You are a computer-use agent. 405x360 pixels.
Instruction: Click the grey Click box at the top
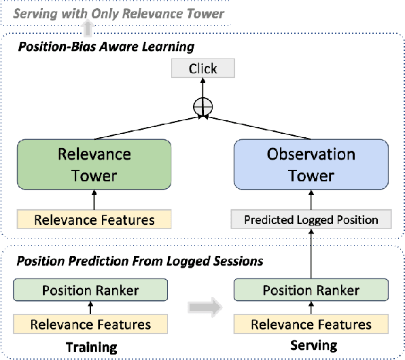(x=202, y=69)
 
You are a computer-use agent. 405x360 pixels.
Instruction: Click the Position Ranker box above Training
(x=90, y=291)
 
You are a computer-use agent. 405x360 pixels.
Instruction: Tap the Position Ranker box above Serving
(x=312, y=291)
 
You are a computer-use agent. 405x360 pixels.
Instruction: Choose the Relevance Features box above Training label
(x=90, y=324)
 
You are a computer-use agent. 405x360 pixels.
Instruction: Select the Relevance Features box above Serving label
(x=312, y=324)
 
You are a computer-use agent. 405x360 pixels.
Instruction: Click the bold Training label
(x=90, y=347)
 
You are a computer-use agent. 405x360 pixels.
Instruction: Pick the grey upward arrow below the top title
(x=86, y=28)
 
